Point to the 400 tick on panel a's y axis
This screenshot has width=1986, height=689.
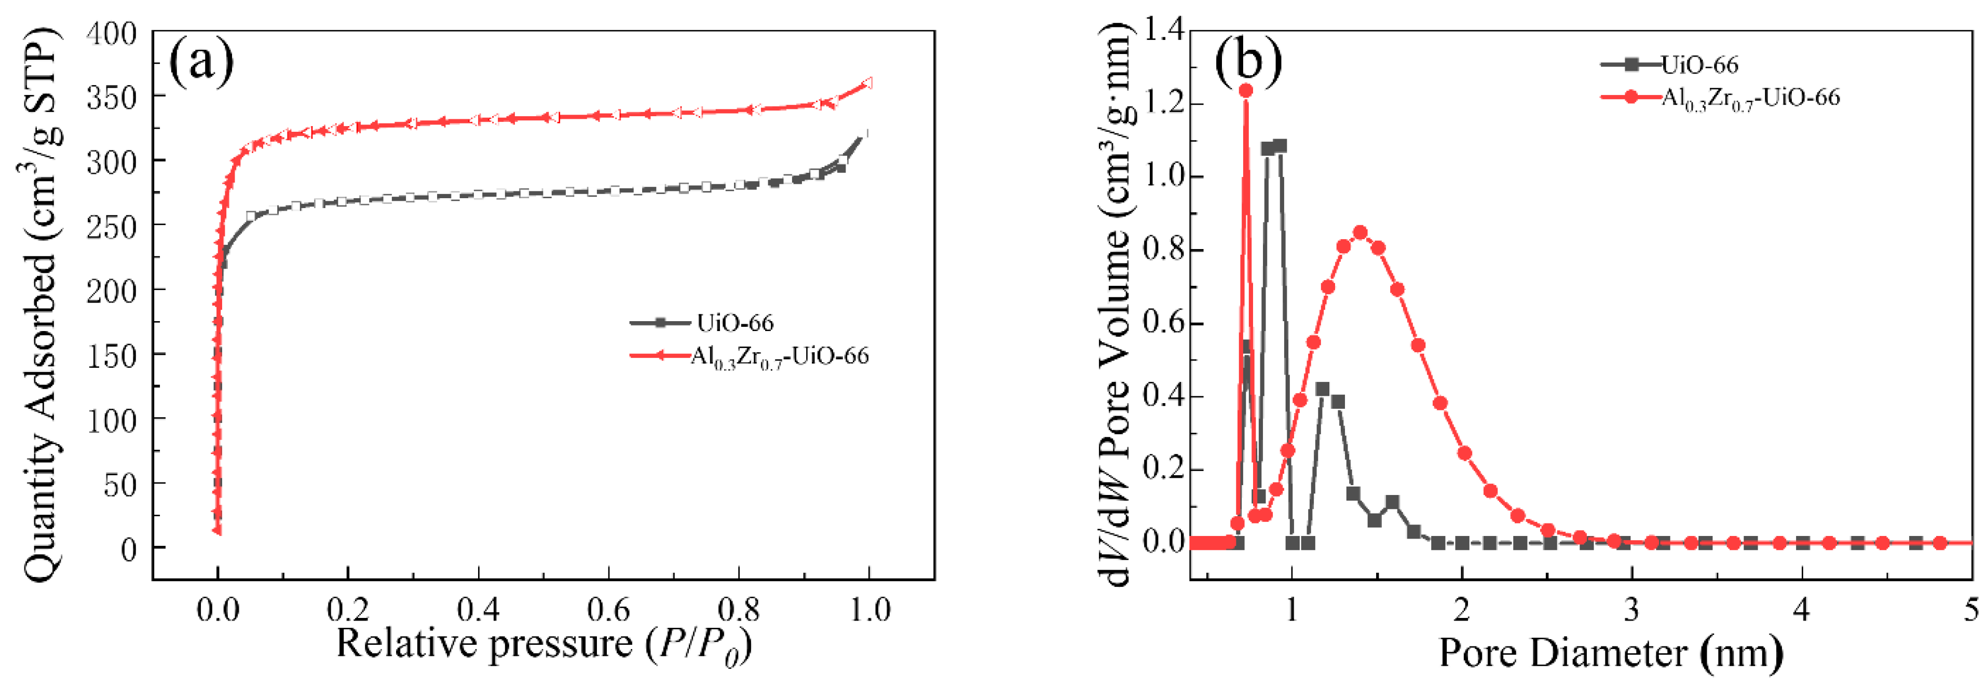111,33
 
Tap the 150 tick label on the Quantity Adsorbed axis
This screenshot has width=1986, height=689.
111,356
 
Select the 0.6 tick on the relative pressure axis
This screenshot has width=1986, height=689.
609,610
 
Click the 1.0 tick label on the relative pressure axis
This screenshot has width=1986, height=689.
869,610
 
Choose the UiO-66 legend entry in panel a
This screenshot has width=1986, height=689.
702,322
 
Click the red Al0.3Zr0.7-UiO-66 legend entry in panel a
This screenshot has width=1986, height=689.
750,356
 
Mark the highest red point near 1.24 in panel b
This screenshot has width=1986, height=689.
1246,90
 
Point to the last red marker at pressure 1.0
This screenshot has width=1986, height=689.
867,82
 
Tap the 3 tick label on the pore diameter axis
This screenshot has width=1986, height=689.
1631,610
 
